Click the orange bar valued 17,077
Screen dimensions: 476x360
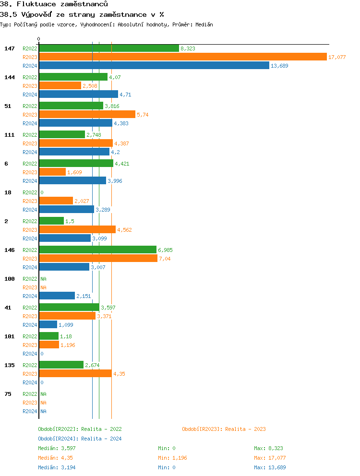pos(182,57)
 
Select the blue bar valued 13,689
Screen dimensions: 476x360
pos(154,65)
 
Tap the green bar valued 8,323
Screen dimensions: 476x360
pos(108,48)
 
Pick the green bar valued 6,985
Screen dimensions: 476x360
pos(97,250)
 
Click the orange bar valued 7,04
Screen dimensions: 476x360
pos(98,258)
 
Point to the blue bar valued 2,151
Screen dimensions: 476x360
pos(57,296)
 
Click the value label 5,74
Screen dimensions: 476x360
pos(143,115)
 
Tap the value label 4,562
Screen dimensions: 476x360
pos(124,230)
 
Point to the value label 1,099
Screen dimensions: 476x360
pos(66,325)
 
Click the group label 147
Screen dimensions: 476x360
pos(10,48)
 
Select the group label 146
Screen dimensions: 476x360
pos(10,250)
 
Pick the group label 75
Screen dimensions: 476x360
pos(8,394)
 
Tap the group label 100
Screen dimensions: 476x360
pos(10,279)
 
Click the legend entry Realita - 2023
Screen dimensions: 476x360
pos(224,429)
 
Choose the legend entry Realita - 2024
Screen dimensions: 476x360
pos(80,439)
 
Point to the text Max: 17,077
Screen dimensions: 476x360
pos(270,458)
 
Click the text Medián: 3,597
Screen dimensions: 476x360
pos(57,448)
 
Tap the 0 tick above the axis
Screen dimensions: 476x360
pos(39,39)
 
